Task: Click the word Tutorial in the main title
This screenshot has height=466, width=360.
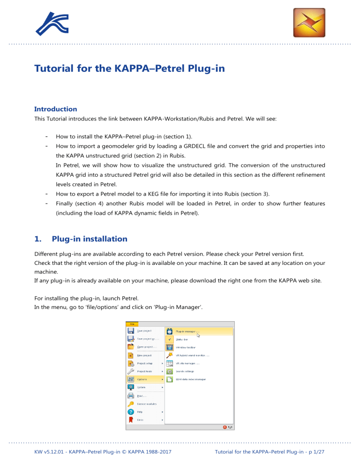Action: pos(56,69)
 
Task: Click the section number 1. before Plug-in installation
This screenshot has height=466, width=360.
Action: pos(38,239)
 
